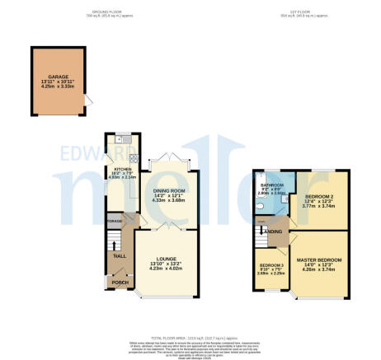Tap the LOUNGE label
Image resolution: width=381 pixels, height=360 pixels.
[165, 259]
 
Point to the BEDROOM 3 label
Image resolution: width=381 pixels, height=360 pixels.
[268, 264]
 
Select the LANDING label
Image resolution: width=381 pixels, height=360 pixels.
[270, 231]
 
